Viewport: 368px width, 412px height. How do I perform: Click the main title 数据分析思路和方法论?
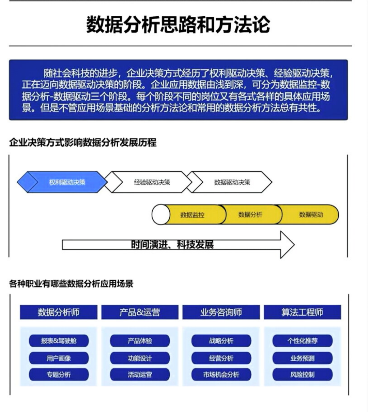[x=178, y=25]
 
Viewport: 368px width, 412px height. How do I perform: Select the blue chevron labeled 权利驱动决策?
[x=62, y=182]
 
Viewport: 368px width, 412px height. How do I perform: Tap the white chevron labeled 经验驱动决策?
[x=149, y=182]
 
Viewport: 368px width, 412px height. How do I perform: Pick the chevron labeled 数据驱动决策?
[x=230, y=182]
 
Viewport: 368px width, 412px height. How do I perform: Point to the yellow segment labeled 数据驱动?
[x=309, y=215]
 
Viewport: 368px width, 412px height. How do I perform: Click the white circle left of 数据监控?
[x=161, y=215]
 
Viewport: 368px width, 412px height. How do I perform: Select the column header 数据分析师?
[x=59, y=312]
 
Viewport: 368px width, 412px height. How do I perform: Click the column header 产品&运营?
[x=140, y=312]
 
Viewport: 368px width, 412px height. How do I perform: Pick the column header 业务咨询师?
[x=221, y=312]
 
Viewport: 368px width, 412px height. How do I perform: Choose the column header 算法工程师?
[x=303, y=312]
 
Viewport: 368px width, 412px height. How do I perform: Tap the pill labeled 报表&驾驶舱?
[x=59, y=341]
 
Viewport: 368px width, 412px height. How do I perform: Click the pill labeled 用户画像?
[x=59, y=358]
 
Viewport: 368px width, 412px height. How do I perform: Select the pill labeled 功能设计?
[x=140, y=358]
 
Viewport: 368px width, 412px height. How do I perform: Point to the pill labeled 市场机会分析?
[x=221, y=375]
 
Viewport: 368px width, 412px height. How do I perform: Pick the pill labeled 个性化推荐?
[x=303, y=341]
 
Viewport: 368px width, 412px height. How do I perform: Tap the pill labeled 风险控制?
[x=303, y=375]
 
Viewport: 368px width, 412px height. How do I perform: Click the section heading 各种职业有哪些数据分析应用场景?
[x=71, y=284]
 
